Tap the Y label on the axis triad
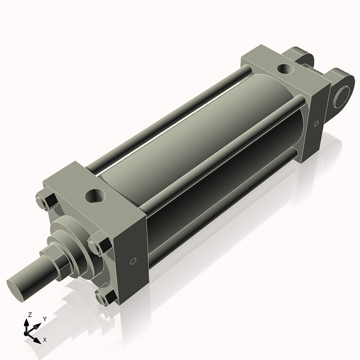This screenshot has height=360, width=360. pyautogui.click(x=44, y=319)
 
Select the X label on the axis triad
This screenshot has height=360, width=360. pyautogui.click(x=45, y=340)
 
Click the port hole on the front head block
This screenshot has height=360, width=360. pyautogui.click(x=95, y=195)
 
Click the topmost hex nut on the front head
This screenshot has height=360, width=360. pyautogui.click(x=46, y=202)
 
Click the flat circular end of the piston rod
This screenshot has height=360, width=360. pyautogui.click(x=18, y=284)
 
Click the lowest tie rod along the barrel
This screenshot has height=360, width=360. pyautogui.click(x=228, y=198)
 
